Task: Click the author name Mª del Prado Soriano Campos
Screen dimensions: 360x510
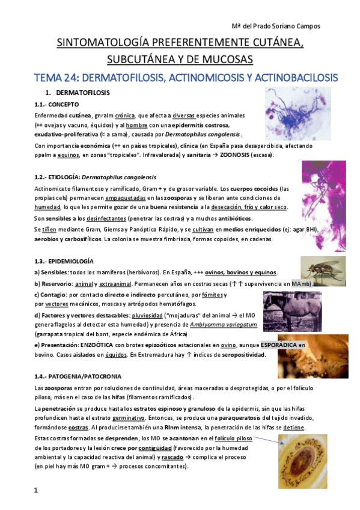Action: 276,26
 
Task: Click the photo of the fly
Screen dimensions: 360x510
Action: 323,269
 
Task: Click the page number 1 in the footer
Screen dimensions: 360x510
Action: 36,491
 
